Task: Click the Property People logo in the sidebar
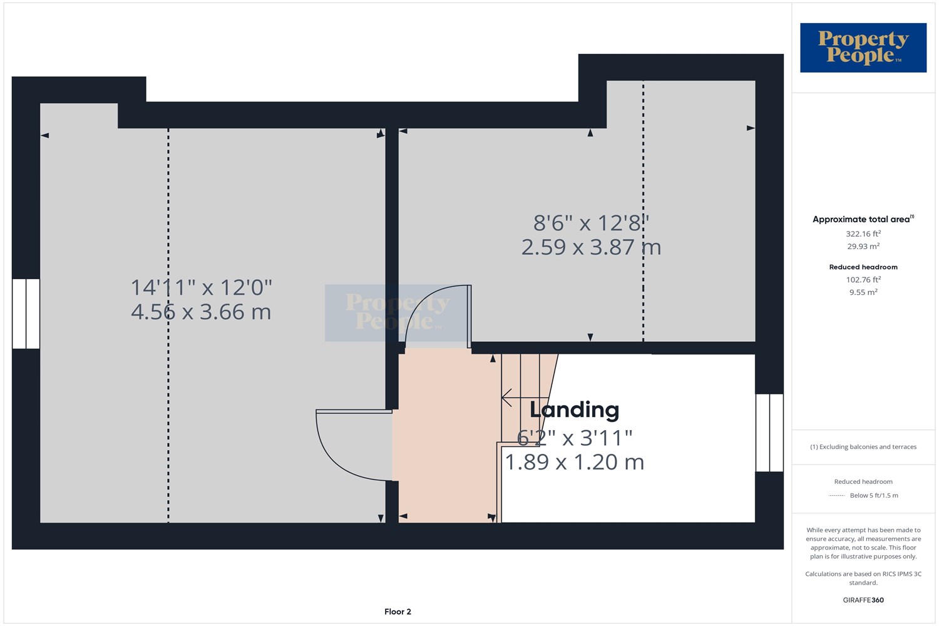pos(863,48)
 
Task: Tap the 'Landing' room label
pos(574,409)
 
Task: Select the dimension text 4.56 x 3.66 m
pos(201,312)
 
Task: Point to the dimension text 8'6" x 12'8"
pos(591,223)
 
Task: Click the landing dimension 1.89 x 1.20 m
pos(574,462)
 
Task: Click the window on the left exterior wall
pos(26,314)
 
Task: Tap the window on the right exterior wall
pos(769,433)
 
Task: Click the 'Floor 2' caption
pos(398,612)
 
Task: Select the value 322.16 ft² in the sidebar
pos(863,234)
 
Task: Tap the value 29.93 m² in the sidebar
pos(863,247)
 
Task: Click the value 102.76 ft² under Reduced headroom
pos(863,280)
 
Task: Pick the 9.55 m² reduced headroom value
pos(863,292)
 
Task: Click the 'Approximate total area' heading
pos(861,219)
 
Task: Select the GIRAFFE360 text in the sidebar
pos(863,600)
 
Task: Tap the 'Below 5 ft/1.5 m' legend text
pos(874,496)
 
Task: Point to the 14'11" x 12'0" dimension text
pos(201,287)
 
